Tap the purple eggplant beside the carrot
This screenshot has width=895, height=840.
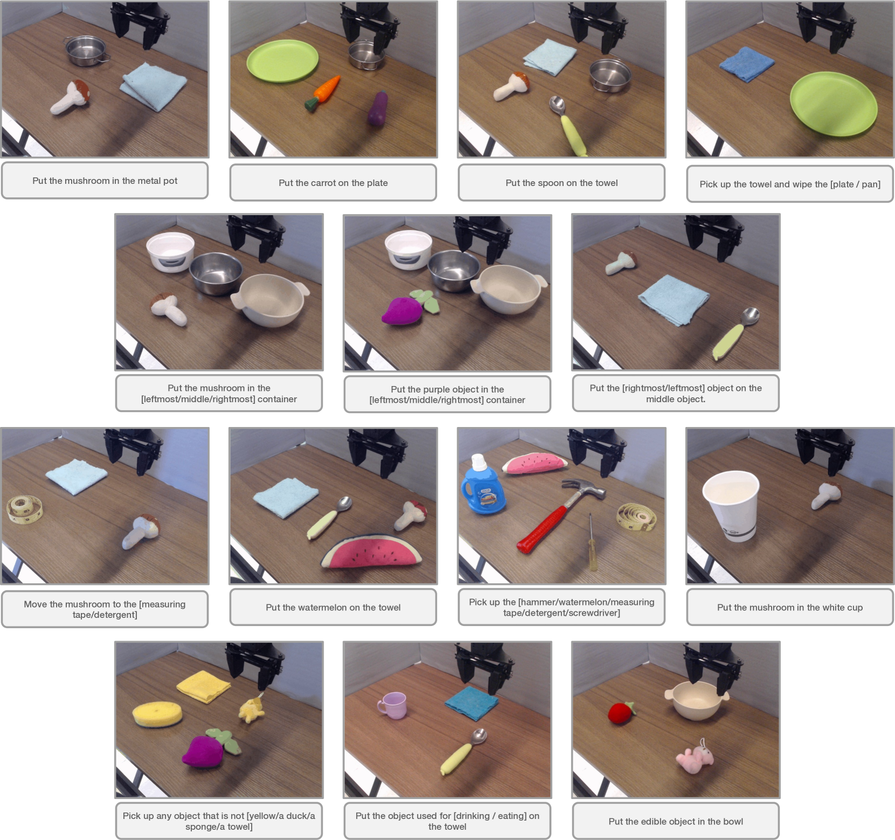[x=378, y=109]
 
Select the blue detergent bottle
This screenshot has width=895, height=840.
[x=482, y=486]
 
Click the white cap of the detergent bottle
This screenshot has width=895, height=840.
[x=479, y=461]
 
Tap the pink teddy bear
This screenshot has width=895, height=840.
[x=695, y=756]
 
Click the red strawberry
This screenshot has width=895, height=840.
[x=621, y=712]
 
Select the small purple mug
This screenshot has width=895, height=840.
[x=392, y=705]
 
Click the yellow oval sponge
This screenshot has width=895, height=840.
[x=157, y=713]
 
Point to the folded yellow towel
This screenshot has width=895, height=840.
[x=203, y=686]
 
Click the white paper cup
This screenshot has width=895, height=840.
[x=731, y=505]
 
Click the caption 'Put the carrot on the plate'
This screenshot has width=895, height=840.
[x=333, y=183]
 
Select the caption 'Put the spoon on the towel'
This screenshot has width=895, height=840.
[x=561, y=183]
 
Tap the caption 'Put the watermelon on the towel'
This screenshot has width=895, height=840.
[x=333, y=607]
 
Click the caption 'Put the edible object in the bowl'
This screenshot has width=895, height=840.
[x=676, y=821]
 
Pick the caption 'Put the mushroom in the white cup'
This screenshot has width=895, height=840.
[x=790, y=607]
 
